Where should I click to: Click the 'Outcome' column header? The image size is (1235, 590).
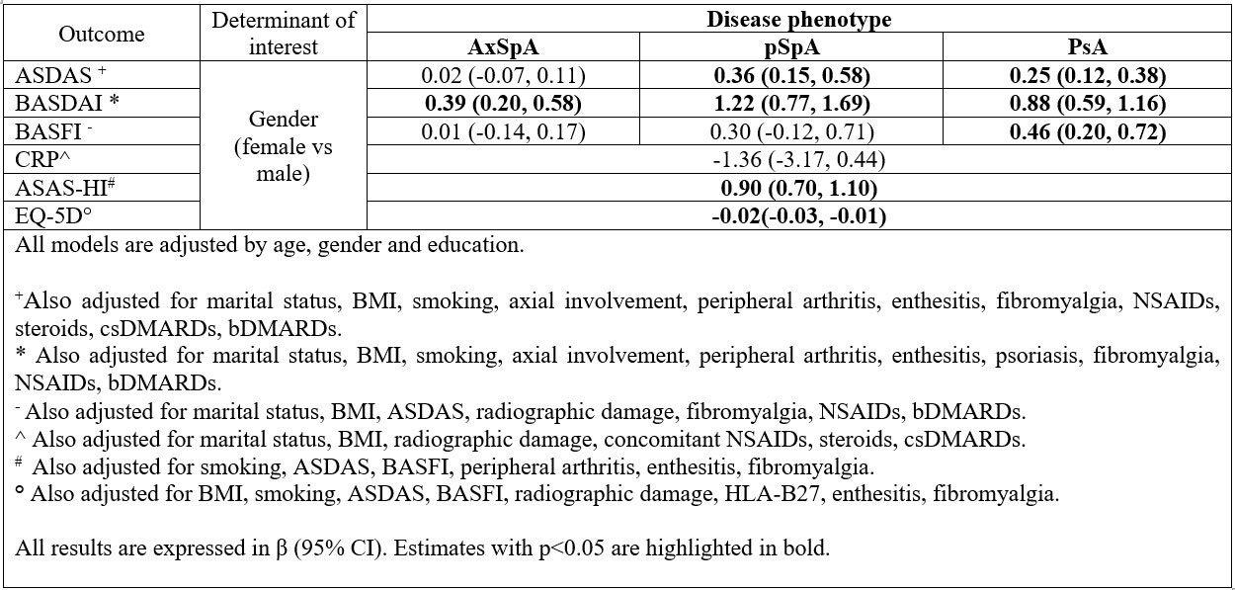tap(102, 34)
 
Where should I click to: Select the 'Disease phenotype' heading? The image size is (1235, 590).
tap(798, 19)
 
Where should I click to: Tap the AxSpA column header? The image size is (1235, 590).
tap(503, 47)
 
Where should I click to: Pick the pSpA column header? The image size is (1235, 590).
tap(790, 47)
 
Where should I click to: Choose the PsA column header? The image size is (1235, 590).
tap(1087, 47)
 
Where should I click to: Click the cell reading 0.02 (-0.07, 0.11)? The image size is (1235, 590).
tap(503, 75)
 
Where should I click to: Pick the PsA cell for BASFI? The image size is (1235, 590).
tap(1087, 131)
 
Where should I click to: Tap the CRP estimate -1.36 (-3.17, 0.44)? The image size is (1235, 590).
tap(798, 160)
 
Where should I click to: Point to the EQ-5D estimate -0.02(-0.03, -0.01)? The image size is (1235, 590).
tap(798, 216)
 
